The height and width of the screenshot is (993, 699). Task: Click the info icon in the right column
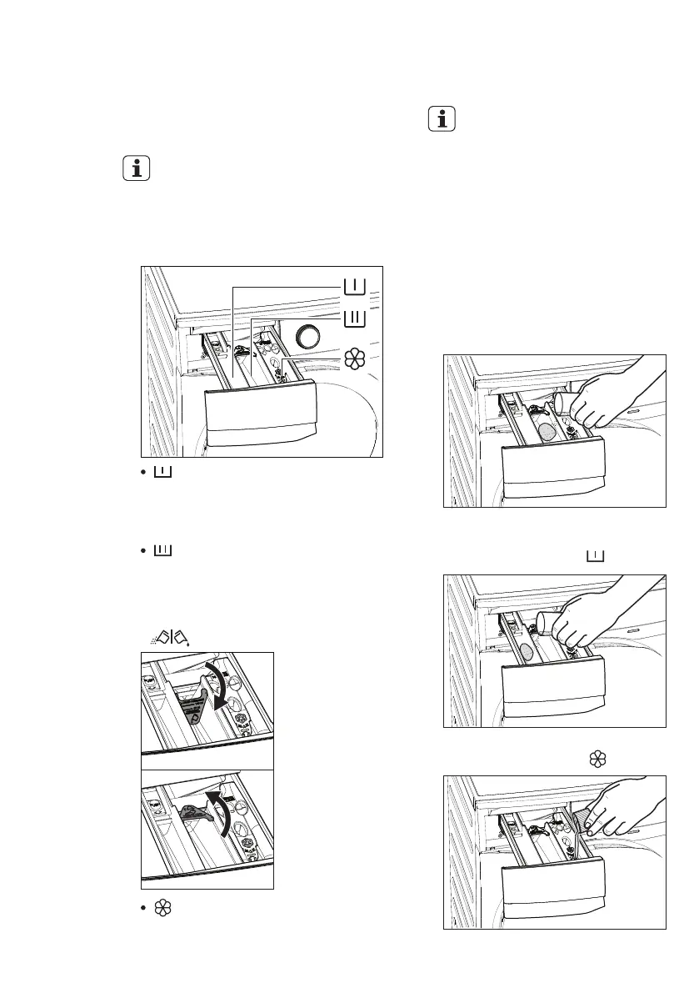442,118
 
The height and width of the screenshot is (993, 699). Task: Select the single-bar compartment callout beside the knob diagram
353,287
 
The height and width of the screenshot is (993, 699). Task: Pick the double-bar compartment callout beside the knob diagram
353,317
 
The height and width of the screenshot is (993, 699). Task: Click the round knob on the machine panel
310,337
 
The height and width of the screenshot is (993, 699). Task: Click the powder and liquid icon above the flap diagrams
156,636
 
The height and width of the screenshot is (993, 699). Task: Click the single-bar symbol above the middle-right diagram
595,556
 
